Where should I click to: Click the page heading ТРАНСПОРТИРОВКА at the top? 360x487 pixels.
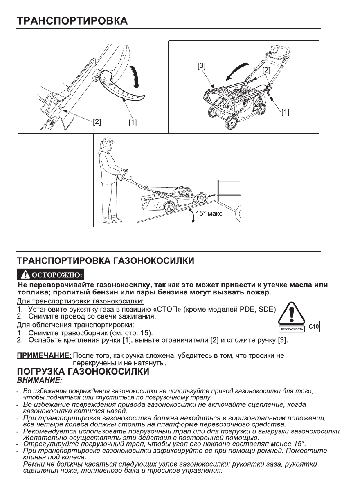72,20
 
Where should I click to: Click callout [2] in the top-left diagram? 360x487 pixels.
97,121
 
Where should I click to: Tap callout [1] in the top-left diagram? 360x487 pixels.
132,122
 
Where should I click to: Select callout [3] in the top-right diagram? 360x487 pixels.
201,65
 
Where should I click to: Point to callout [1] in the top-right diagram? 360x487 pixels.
285,112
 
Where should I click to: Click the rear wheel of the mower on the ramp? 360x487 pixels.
169,206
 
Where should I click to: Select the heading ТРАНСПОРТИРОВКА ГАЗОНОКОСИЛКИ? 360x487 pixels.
105,260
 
